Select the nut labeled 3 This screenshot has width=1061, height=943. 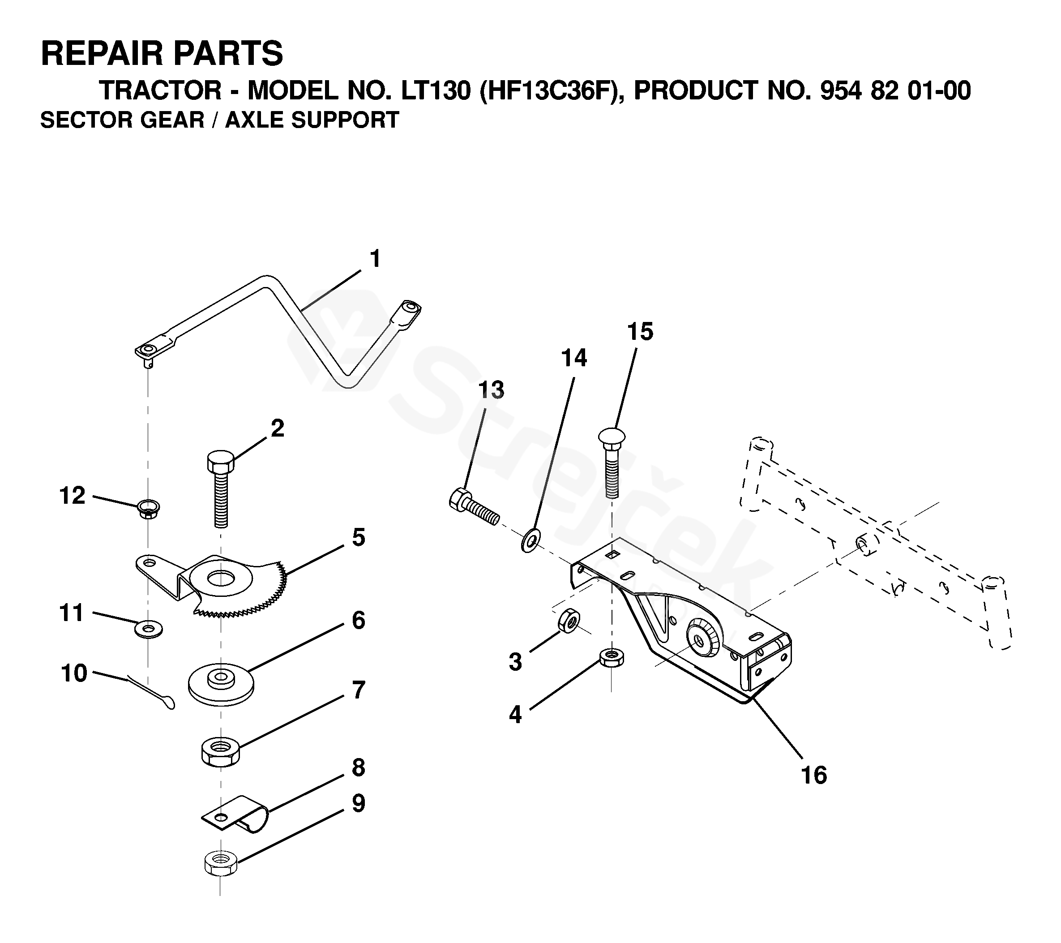pos(569,621)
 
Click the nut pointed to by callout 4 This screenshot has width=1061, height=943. pos(612,657)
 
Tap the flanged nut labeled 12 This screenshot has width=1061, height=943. pos(149,508)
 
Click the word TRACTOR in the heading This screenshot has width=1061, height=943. pos(160,90)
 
